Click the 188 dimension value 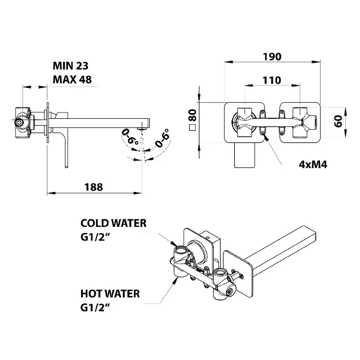[94, 187]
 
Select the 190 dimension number [272, 57]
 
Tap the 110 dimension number [272, 81]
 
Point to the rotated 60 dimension [338, 121]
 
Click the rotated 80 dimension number [193, 115]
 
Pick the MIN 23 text [70, 66]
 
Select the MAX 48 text [72, 79]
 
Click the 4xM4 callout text [313, 165]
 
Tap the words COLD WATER [113, 223]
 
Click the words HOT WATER [110, 294]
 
